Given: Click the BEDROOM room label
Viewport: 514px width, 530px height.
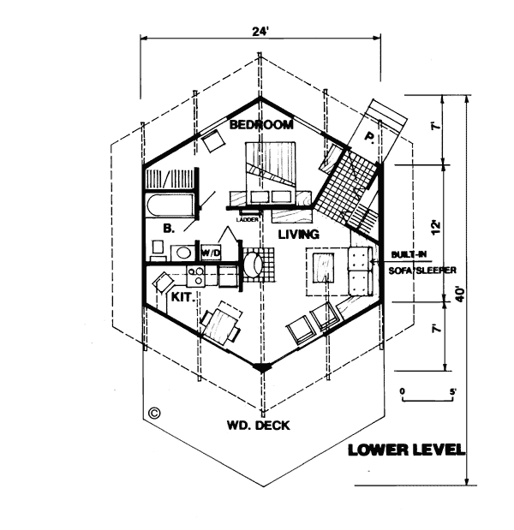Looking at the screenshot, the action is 261,125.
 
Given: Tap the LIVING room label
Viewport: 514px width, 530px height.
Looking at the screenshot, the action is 299,235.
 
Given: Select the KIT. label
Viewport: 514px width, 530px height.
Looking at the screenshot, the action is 183,297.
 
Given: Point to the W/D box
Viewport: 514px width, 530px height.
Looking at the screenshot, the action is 211,252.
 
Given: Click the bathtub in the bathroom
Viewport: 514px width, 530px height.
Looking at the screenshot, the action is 170,205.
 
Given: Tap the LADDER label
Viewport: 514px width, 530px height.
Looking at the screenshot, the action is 248,220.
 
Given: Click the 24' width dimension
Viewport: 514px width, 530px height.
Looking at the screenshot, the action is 260,32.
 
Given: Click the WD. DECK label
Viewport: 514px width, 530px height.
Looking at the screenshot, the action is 259,426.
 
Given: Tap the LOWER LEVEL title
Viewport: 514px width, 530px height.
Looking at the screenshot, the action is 406,450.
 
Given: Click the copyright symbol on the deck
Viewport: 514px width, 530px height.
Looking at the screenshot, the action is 154,413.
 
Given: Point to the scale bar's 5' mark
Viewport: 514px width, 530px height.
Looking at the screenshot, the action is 453,392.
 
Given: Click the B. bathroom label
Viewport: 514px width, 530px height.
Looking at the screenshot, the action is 169,229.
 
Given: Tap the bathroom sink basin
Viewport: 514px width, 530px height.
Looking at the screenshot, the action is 183,253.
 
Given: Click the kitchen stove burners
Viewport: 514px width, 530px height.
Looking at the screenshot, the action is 196,276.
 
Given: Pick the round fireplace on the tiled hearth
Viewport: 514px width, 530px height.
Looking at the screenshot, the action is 253,265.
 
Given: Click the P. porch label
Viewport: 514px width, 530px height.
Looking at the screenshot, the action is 369,137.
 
